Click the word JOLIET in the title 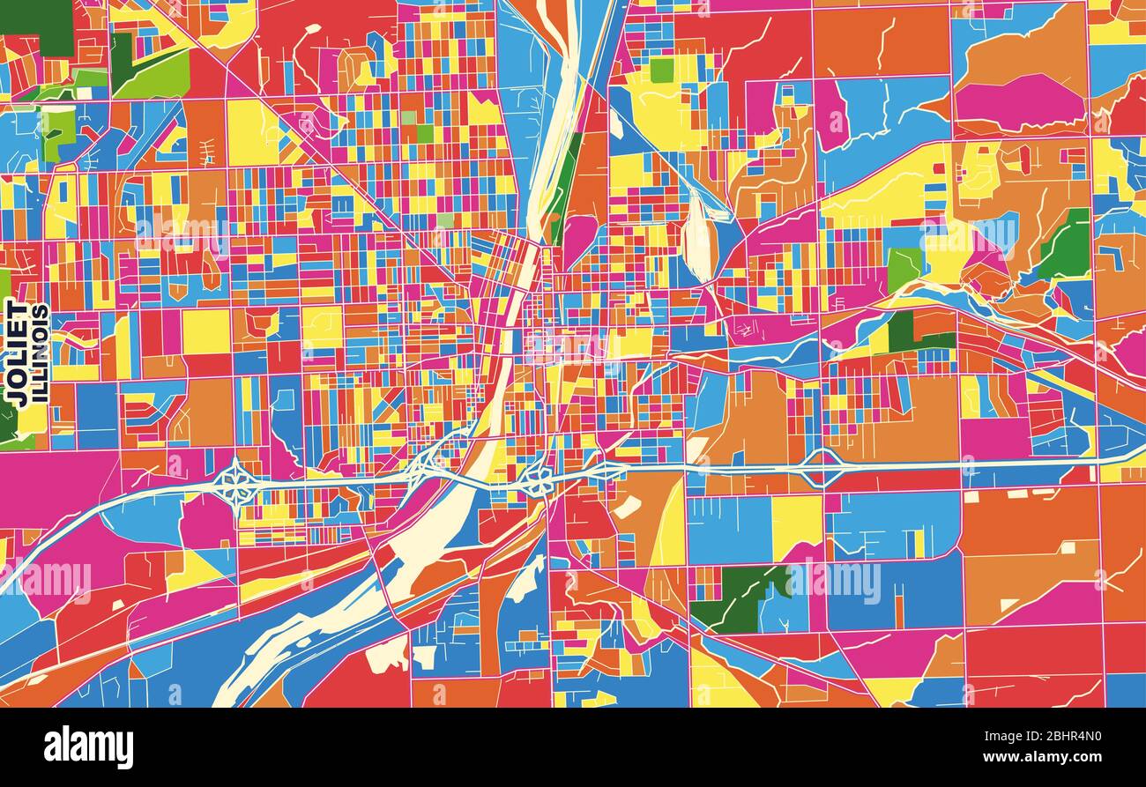coord(16,353)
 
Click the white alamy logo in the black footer coord(88,747)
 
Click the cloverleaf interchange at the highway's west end coord(235,481)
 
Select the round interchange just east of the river coord(535,480)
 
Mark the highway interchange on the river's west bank coord(426,464)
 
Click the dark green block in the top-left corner coord(35,17)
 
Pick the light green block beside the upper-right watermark coord(903,267)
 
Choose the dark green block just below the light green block coord(900,330)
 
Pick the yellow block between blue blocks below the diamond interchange coord(796,523)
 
